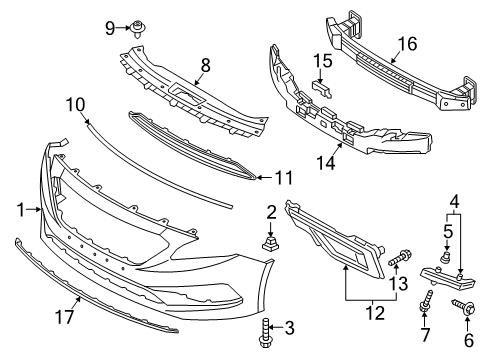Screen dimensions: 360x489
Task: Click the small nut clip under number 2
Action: (271, 243)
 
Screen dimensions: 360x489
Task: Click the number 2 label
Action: (271, 212)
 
